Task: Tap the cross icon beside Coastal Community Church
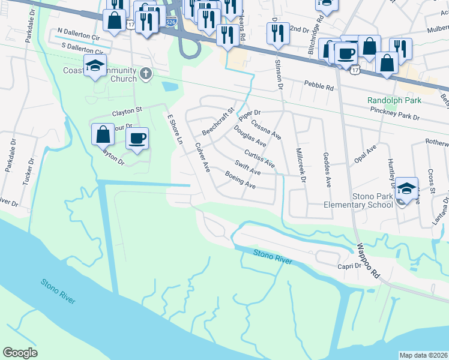[145, 74]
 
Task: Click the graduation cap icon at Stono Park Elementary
[406, 189]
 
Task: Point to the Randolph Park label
[394, 100]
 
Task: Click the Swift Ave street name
[247, 167]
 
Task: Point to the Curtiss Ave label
[259, 155]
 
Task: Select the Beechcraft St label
[217, 121]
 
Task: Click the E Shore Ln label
[175, 130]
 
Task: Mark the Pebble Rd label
[318, 86]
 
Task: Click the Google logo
[20, 353]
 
